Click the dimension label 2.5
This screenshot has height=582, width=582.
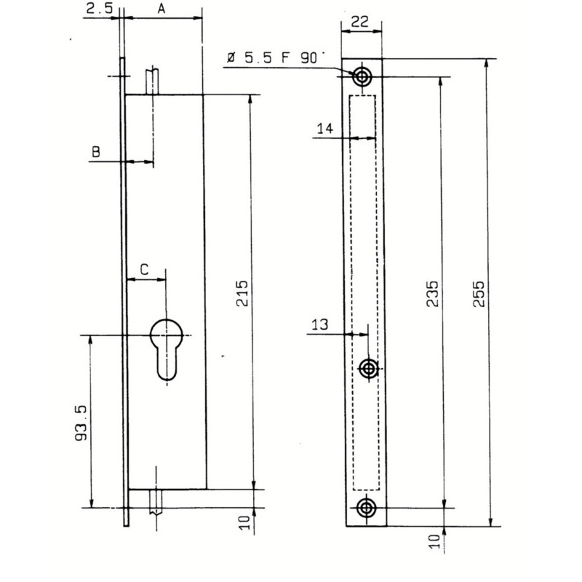pos(99,8)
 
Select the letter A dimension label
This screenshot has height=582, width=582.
pos(161,9)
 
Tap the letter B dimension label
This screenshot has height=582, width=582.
pos(96,151)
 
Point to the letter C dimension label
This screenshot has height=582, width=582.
pos(144,269)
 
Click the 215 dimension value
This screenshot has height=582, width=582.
pos(242,293)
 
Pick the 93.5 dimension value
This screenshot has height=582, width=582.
pos(81,423)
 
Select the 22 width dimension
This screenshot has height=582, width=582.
pos(359,22)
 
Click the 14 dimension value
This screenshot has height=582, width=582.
pos(325,129)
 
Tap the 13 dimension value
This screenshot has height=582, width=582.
pos(319,324)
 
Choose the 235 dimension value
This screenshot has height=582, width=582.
pos(432,294)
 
